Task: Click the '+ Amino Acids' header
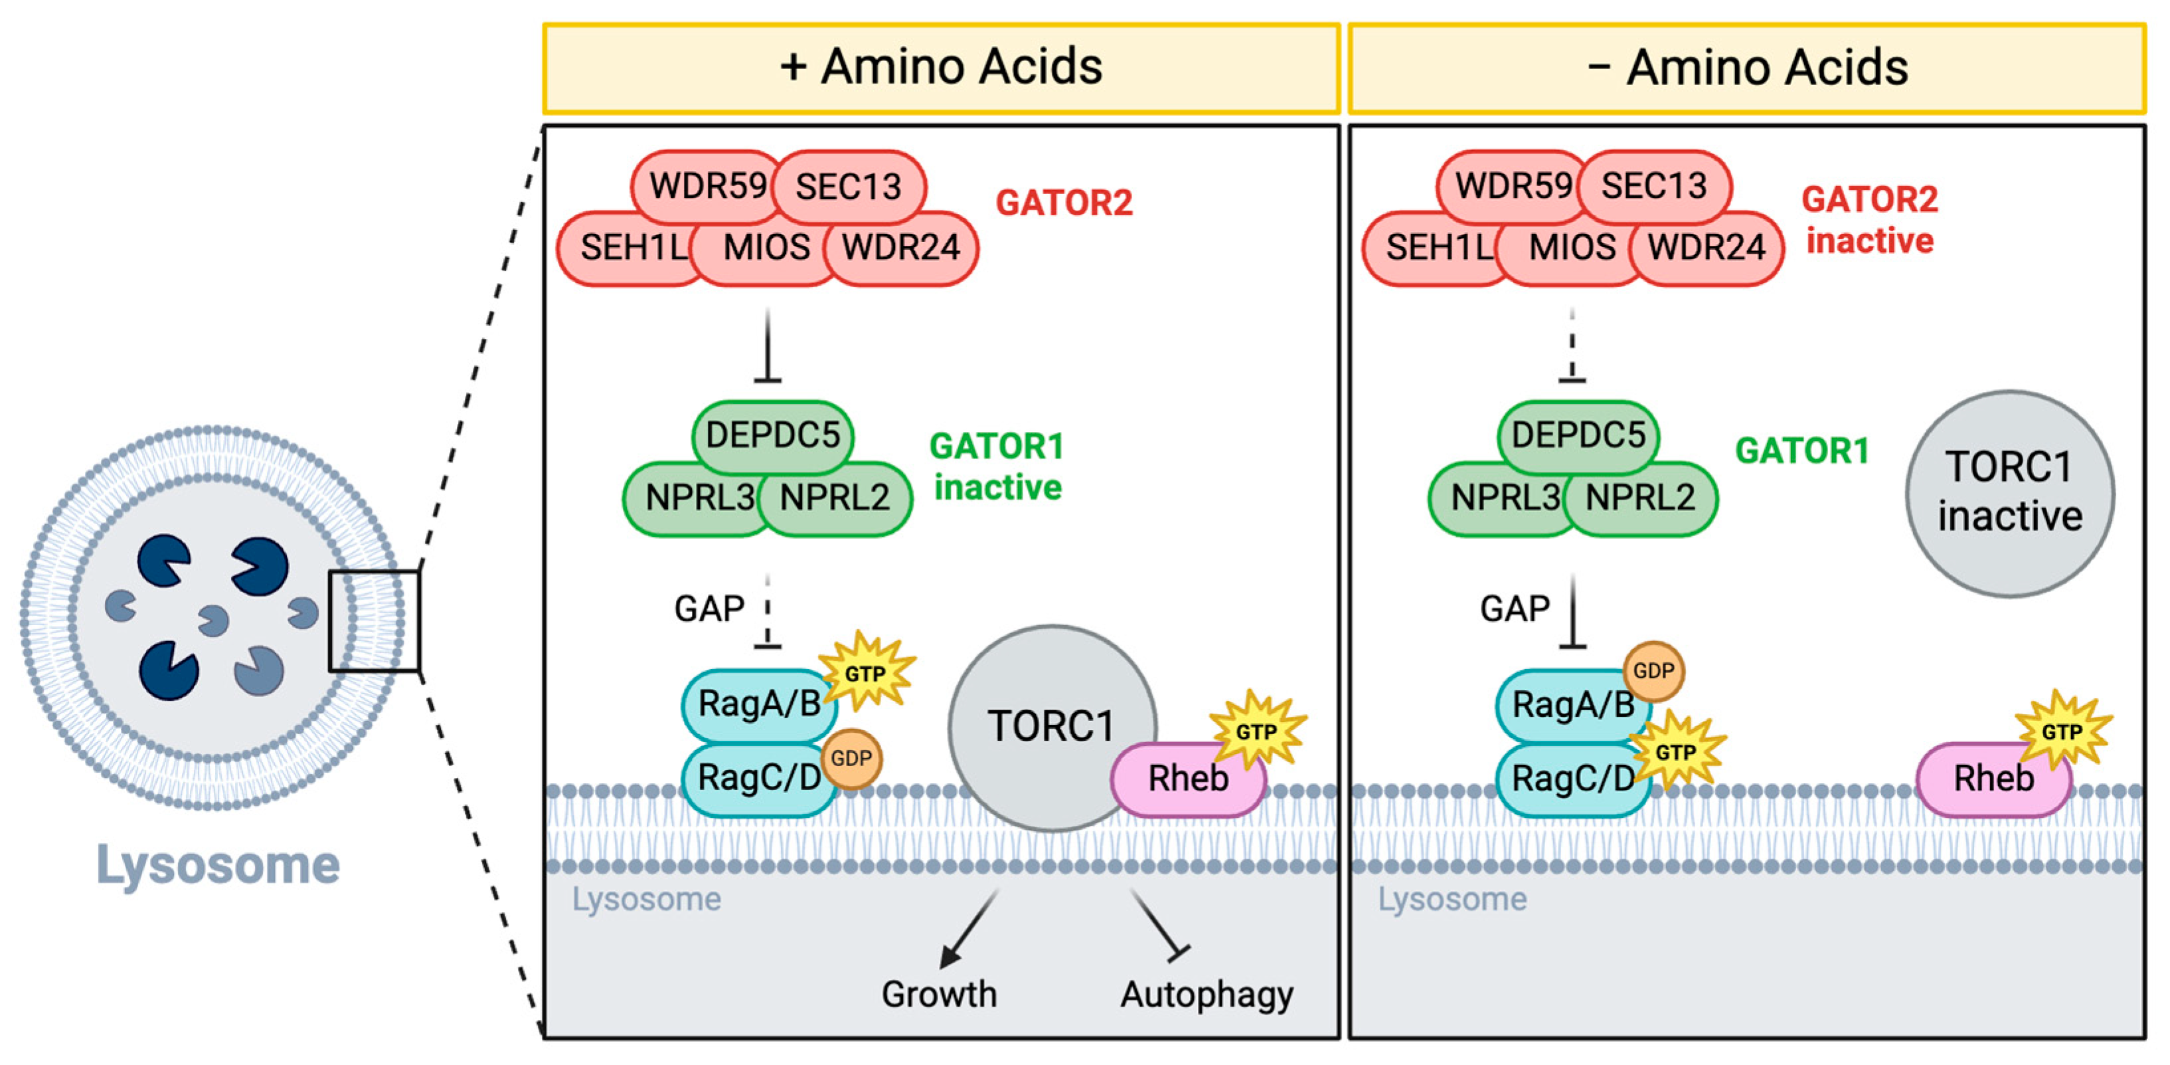tap(941, 67)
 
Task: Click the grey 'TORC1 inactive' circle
tap(2009, 493)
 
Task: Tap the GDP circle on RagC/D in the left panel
tap(851, 758)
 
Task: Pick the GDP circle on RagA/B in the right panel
tap(1653, 672)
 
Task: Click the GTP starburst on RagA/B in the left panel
tap(866, 673)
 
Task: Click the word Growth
tap(938, 994)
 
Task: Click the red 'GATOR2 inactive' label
tap(1869, 221)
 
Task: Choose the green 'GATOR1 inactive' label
tap(997, 467)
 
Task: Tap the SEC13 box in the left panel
tap(849, 186)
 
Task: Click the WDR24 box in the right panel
tap(1707, 248)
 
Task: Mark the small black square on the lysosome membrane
tap(374, 621)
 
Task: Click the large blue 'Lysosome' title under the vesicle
tap(218, 864)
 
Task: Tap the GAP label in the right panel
tap(1515, 609)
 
